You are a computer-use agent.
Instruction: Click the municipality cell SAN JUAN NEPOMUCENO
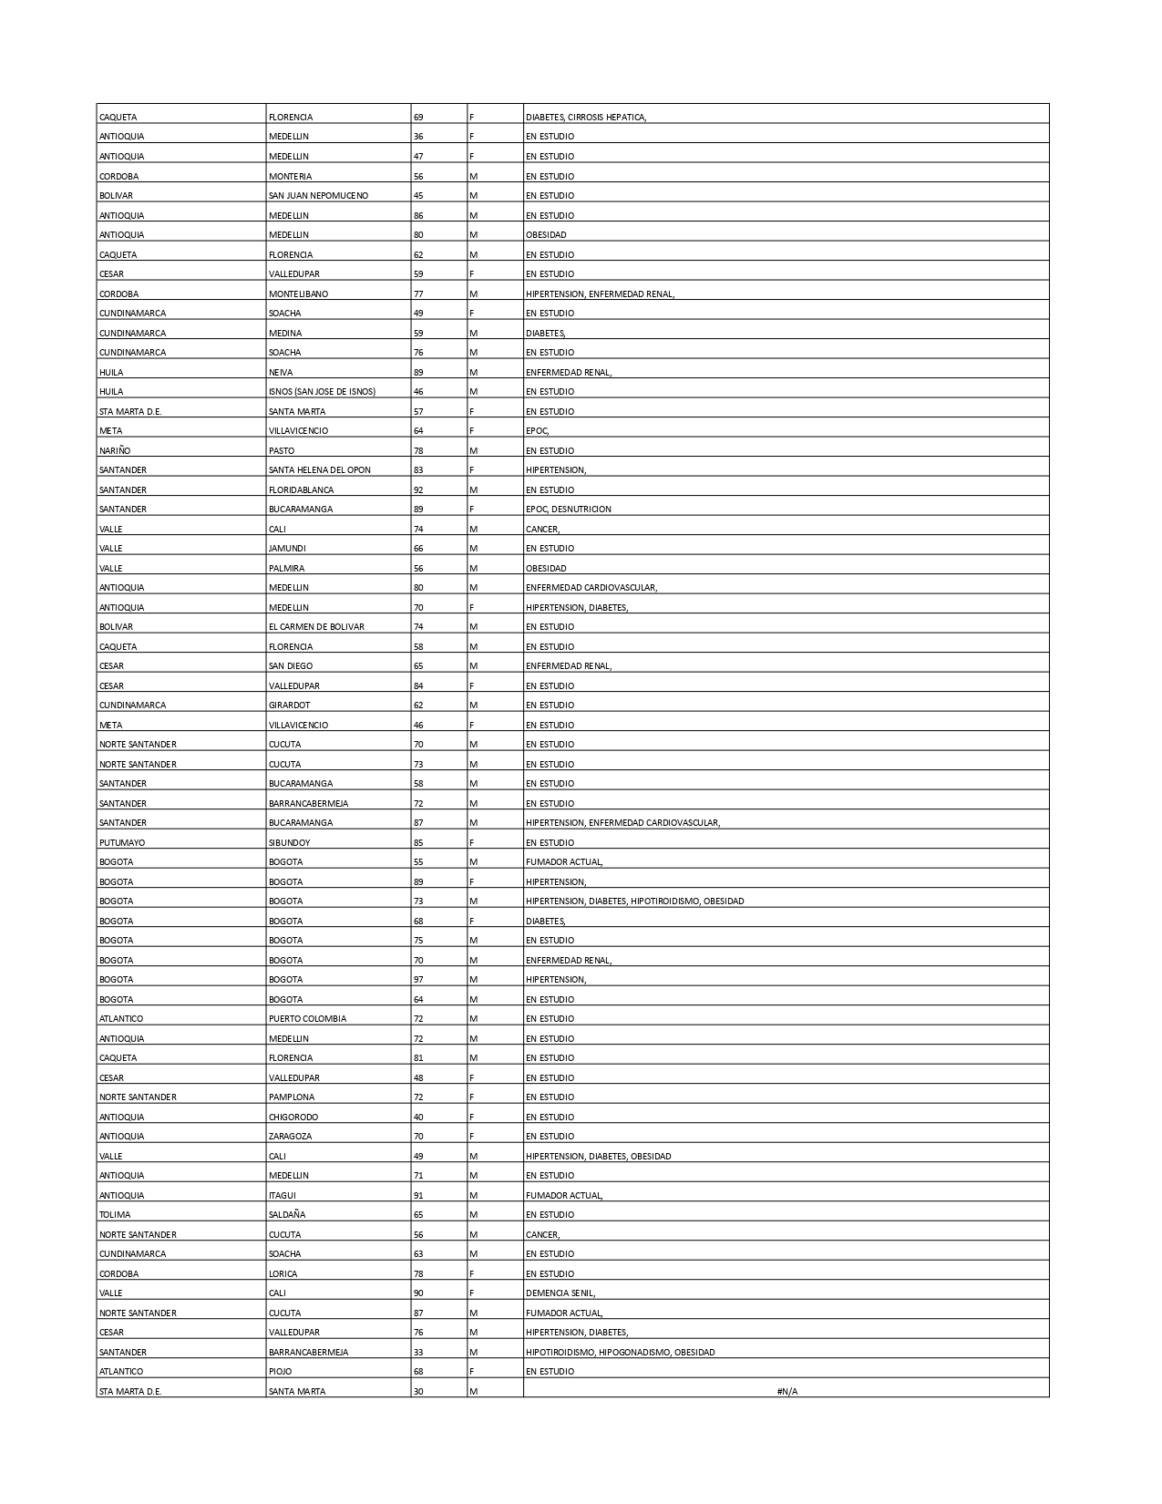coord(318,196)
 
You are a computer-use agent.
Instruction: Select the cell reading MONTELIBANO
coord(298,294)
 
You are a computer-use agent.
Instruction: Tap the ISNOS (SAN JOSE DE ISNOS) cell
coord(322,392)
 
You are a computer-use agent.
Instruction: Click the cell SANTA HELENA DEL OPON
coord(319,470)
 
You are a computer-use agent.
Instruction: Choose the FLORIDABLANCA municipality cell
coord(301,490)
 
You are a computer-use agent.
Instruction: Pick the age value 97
coord(418,980)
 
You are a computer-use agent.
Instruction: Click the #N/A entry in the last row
coord(787,1392)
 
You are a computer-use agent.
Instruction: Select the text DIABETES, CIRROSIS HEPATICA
coord(586,118)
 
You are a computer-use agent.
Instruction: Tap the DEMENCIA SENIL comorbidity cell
coord(560,1293)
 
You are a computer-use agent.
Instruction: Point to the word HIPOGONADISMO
coord(633,1353)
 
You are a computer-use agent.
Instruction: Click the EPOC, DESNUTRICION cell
coord(569,510)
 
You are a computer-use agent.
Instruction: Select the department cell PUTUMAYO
coord(122,843)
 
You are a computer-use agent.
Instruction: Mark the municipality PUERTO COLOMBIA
coord(307,1019)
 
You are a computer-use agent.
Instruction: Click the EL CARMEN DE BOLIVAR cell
coord(316,627)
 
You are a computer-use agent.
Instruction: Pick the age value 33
coord(418,1353)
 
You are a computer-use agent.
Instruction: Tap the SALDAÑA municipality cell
coord(287,1215)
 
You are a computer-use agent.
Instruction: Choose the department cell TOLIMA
coord(115,1215)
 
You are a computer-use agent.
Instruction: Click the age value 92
coord(418,490)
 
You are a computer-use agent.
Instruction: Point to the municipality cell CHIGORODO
coord(293,1118)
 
